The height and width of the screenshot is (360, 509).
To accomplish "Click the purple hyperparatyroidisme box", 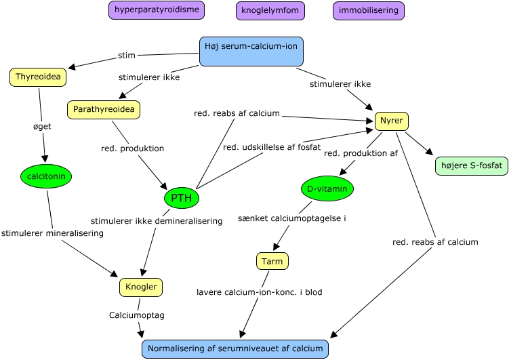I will tap(157, 10).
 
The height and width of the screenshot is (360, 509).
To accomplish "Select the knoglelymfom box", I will tap(270, 11).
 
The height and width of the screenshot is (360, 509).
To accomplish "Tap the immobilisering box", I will tap(369, 11).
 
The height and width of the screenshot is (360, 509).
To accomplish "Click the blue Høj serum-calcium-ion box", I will tap(251, 52).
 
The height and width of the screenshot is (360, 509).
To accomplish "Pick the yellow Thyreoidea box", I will tap(38, 77).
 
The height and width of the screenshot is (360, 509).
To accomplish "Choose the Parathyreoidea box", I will tap(103, 109).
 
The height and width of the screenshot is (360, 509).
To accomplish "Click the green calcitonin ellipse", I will tap(46, 176).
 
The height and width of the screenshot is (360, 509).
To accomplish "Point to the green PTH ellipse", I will tap(182, 198).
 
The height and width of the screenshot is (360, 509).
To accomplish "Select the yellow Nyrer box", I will tap(392, 121).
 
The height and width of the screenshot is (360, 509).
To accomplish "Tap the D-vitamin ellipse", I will tap(327, 188).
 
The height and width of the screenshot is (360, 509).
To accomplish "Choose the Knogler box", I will tap(141, 287).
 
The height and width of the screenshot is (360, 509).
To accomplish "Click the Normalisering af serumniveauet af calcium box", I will tap(235, 348).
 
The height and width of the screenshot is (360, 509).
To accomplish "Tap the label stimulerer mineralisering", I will tap(52, 233).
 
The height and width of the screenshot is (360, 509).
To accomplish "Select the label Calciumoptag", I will tap(136, 315).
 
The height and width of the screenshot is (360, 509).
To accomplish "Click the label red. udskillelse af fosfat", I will tap(272, 148).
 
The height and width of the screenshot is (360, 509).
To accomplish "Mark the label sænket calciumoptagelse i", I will tap(292, 218).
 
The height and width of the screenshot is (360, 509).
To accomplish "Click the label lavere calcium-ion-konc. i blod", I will tap(260, 292).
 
